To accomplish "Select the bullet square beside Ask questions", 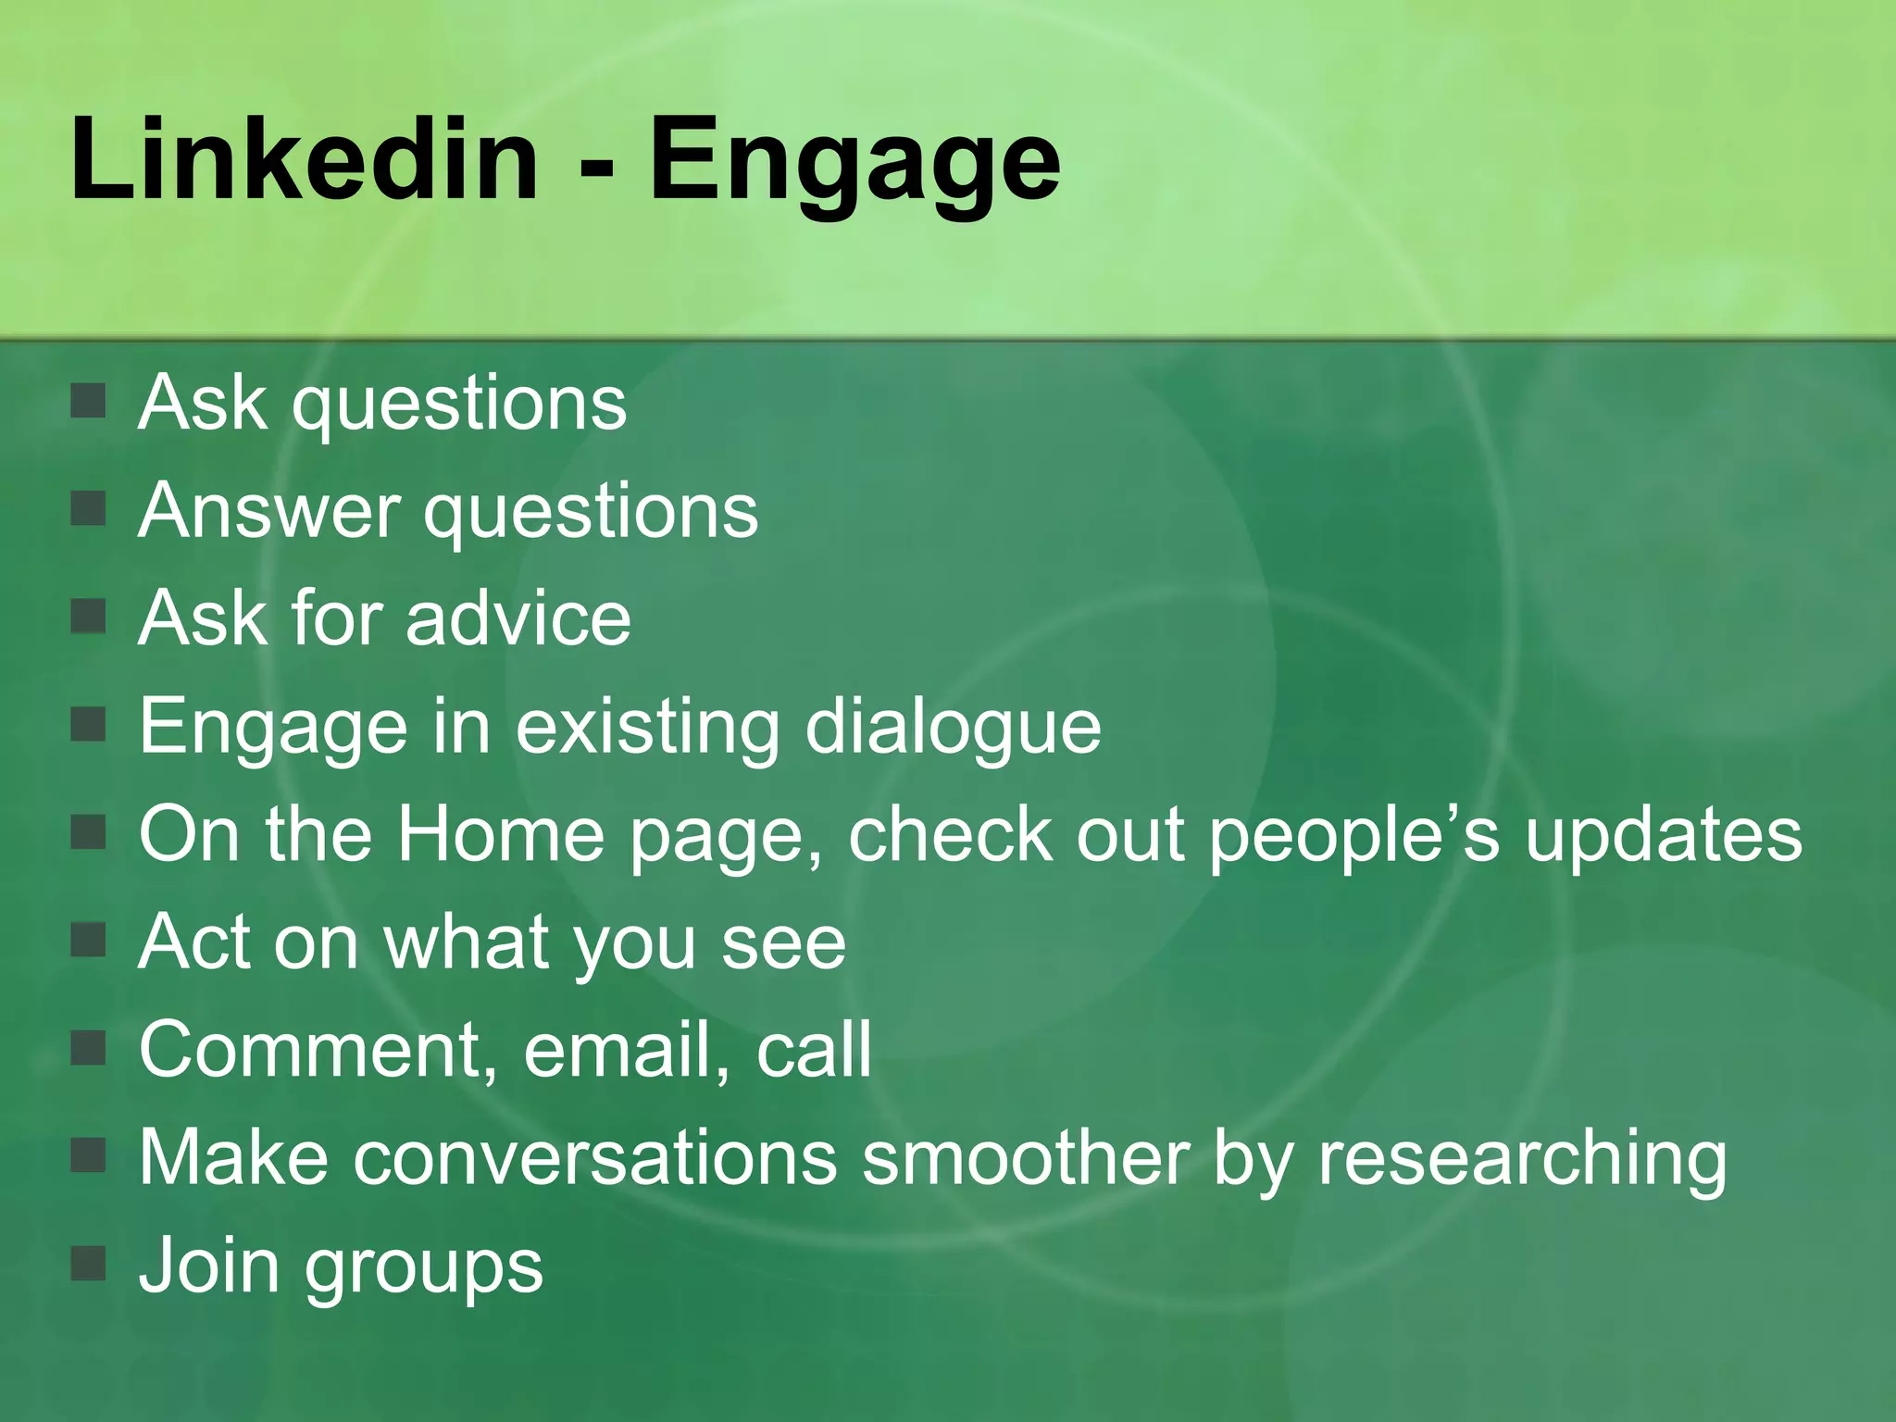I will pyautogui.click(x=89, y=402).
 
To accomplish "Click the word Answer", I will pyautogui.click(x=268, y=510).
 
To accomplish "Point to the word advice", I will pyautogui.click(x=518, y=617).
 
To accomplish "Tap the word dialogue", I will pyautogui.click(x=954, y=728).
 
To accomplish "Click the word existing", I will pyautogui.click(x=648, y=728).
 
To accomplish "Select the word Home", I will pyautogui.click(x=500, y=833).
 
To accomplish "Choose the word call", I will pyautogui.click(x=814, y=1050).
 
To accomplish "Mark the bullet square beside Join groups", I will pyautogui.click(x=89, y=1263).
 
